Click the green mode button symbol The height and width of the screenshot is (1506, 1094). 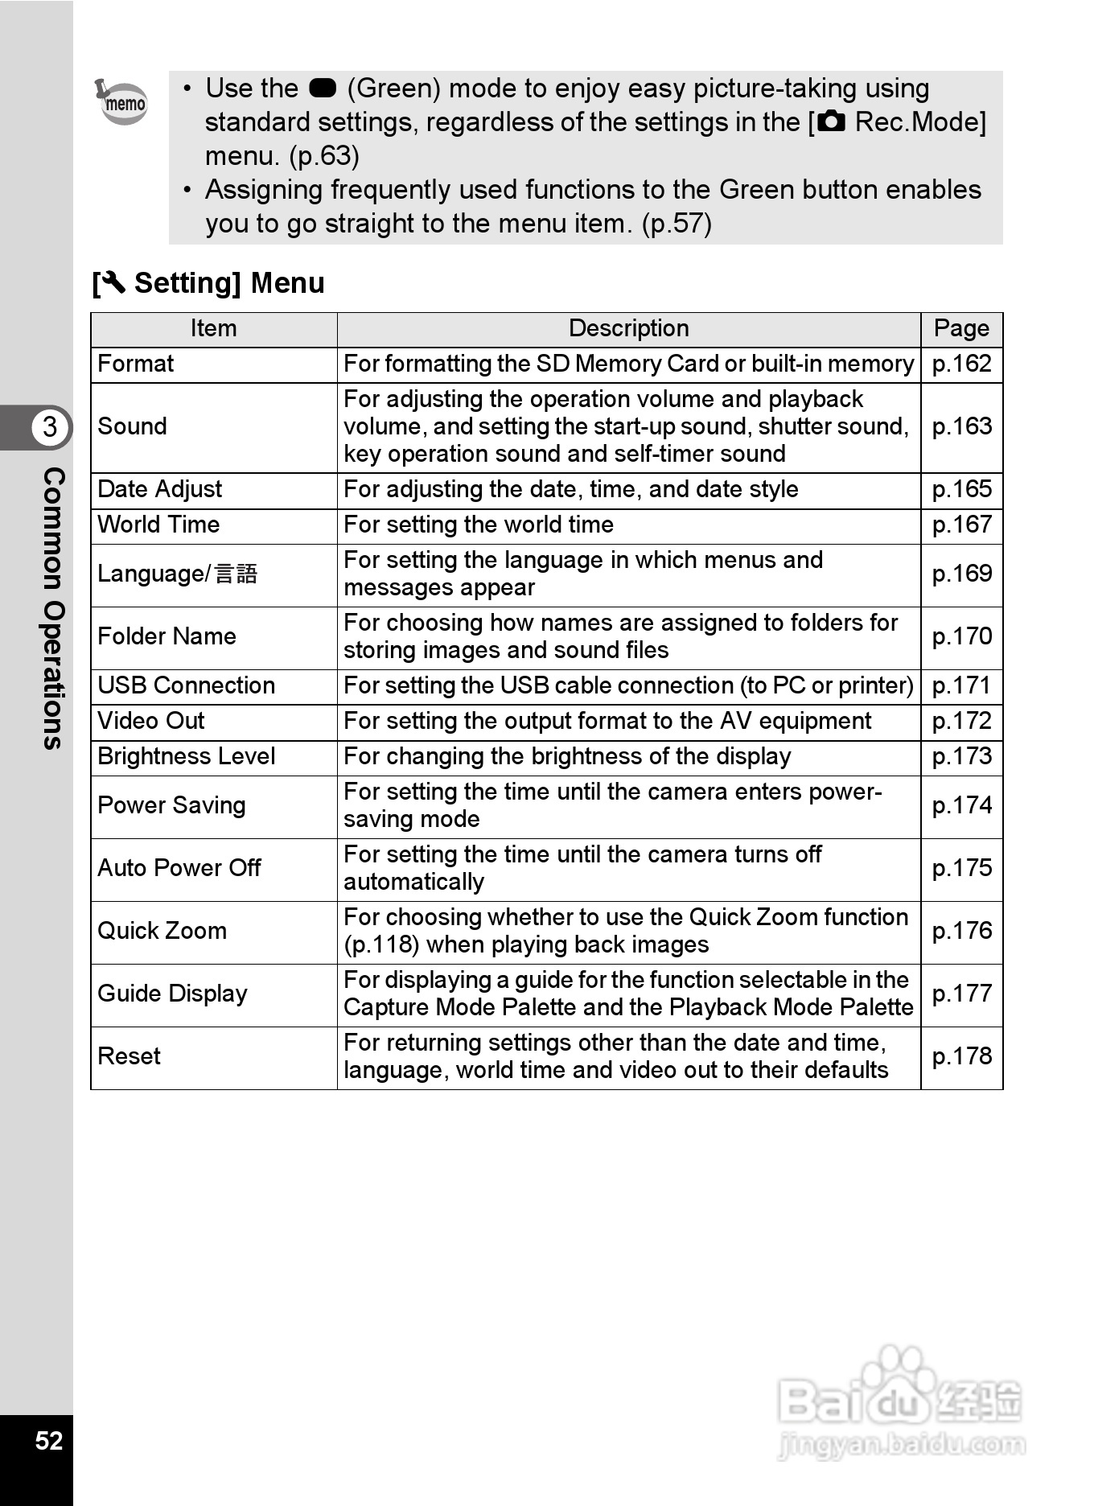tap(322, 88)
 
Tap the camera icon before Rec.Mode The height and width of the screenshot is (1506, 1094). tap(832, 122)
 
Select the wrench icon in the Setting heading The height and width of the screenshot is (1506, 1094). tap(113, 282)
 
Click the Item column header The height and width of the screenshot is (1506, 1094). tap(213, 328)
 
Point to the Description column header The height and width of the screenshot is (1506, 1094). tap(628, 328)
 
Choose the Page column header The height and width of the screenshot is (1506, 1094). tap(961, 328)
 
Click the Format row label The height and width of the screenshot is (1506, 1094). tap(136, 364)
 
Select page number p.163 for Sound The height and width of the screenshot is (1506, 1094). tap(961, 426)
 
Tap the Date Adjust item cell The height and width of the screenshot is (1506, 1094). tap(160, 489)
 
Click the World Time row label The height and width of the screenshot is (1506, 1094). tap(158, 525)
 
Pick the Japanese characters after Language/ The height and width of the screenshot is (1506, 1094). tap(236, 574)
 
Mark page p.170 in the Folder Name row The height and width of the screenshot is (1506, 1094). tap(961, 636)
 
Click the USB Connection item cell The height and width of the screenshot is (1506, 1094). tap(187, 685)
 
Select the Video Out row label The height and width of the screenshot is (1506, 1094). tap(151, 721)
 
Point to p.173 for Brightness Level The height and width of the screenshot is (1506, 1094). tap(961, 756)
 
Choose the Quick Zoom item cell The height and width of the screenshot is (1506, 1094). tap(162, 931)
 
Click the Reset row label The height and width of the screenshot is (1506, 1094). tap(130, 1056)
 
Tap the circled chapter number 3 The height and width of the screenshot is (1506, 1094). tap(50, 426)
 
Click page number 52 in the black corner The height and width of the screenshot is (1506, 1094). tap(49, 1440)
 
